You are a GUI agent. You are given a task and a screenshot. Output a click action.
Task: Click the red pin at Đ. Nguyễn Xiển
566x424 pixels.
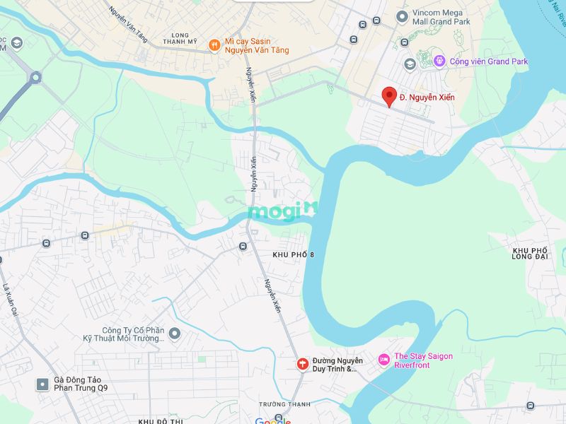click(x=388, y=96)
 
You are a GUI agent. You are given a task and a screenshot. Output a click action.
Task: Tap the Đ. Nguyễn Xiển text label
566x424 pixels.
click(x=427, y=97)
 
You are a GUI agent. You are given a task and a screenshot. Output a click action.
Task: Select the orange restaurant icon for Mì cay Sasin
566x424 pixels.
click(x=214, y=46)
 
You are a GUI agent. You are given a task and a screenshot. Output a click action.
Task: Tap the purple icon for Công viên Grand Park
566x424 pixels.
click(x=439, y=61)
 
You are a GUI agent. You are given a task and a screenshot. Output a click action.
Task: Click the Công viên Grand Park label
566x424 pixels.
click(x=489, y=61)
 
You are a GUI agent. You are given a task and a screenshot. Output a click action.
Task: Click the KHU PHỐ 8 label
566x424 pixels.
click(x=293, y=254)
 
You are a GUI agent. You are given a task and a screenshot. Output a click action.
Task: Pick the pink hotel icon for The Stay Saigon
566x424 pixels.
click(x=383, y=360)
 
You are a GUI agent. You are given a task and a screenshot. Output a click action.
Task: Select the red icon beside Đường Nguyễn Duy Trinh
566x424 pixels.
click(x=302, y=364)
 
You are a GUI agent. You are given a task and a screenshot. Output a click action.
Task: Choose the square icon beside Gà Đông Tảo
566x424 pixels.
click(x=42, y=384)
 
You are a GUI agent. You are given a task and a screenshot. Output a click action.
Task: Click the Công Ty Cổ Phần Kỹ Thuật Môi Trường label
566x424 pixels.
click(x=133, y=334)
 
